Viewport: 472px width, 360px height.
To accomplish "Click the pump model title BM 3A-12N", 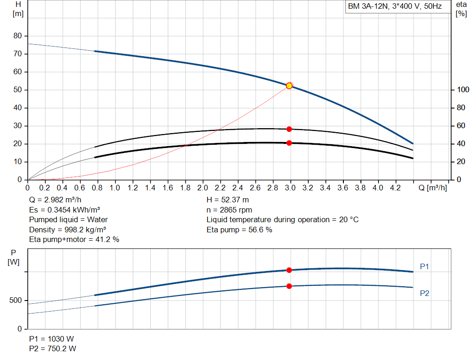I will click(395, 7).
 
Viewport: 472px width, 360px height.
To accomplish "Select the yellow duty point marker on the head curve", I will click(289, 86).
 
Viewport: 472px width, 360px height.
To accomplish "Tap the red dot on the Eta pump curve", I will click(289, 129).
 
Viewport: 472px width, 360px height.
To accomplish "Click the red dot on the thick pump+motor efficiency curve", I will click(289, 143).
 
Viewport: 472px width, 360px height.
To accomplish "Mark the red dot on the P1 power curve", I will click(289, 270).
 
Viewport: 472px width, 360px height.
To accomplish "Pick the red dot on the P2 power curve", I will click(289, 286).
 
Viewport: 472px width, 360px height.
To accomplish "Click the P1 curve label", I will click(425, 266).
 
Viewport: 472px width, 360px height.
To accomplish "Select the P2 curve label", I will click(425, 293).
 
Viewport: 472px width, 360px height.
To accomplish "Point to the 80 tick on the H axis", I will click(18, 36).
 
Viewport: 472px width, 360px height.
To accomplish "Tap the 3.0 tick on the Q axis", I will click(289, 188).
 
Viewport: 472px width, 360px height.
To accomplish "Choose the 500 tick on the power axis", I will click(15, 301).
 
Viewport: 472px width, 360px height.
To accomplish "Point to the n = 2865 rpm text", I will click(229, 210).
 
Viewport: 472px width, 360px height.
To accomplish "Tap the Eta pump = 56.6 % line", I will click(239, 230).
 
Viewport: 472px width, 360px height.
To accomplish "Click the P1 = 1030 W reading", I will click(51, 339).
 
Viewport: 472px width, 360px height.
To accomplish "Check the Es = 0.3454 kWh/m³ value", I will click(65, 210).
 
